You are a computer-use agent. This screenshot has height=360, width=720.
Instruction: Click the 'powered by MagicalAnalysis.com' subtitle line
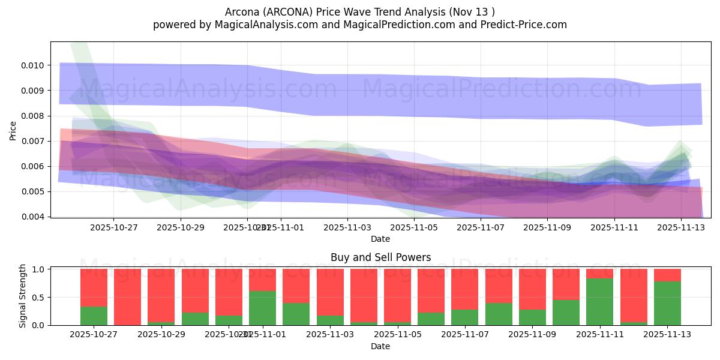(x=360, y=25)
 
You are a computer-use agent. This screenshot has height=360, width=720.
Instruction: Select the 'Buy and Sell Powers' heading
(x=380, y=257)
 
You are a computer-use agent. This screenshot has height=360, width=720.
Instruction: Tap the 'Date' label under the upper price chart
(x=380, y=239)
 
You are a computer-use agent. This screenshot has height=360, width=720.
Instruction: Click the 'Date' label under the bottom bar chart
(x=380, y=346)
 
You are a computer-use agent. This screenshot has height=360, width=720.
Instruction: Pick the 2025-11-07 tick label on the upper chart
(x=481, y=227)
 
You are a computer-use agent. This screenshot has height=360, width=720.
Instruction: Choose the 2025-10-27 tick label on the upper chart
(x=113, y=227)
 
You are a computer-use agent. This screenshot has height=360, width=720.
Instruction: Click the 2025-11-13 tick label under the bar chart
(x=667, y=334)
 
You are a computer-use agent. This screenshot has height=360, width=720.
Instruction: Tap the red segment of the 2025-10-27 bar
(x=94, y=287)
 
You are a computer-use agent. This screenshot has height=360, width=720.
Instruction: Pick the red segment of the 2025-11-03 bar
(x=330, y=292)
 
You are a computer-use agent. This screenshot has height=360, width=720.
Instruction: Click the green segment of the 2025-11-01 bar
(x=262, y=308)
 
